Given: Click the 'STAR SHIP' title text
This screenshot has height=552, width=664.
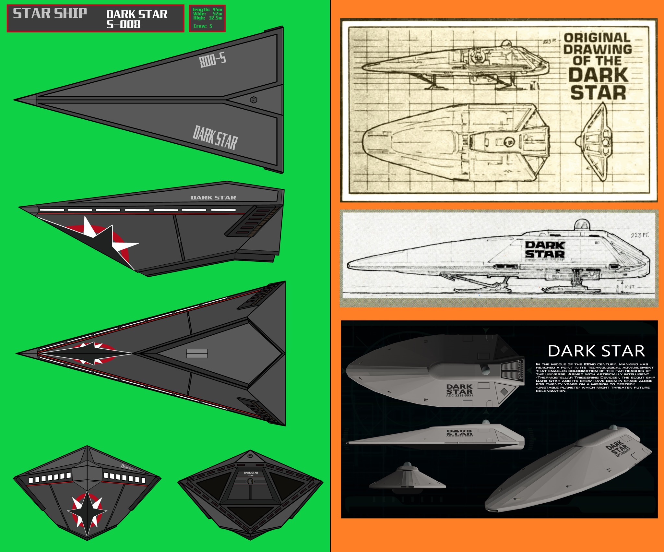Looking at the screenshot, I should tap(50, 14).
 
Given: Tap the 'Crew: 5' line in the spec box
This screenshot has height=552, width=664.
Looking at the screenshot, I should tap(203, 26).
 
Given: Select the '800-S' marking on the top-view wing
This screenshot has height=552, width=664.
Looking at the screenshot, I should tap(213, 60).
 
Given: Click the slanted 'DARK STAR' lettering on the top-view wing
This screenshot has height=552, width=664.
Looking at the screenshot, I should tap(215, 138).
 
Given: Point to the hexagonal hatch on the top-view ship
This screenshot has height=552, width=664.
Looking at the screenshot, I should tap(254, 100).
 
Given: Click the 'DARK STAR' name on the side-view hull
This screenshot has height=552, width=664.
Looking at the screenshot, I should tap(213, 198).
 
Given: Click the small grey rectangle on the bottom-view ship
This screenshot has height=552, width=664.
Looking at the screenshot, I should tap(197, 353).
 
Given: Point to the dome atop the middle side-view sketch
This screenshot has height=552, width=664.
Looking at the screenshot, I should tap(582, 224).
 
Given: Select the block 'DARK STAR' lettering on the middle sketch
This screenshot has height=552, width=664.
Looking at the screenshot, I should tap(545, 249).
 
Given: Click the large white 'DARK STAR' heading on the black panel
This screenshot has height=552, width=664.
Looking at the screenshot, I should tap(596, 351).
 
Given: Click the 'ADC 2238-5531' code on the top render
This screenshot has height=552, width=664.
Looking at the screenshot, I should tap(459, 395).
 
